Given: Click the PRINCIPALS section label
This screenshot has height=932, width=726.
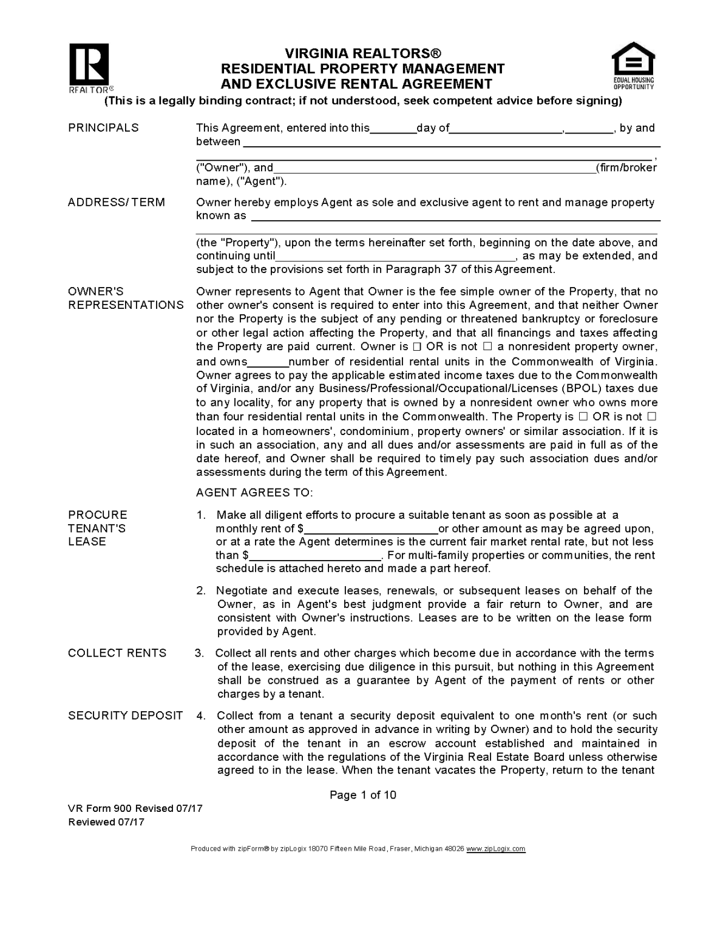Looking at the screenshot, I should pyautogui.click(x=103, y=128).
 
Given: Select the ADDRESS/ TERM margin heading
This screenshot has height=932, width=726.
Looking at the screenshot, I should pyautogui.click(x=116, y=202).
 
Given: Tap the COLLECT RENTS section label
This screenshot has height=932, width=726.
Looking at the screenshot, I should pyautogui.click(x=117, y=653).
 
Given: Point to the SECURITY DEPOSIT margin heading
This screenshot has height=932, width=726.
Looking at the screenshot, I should pyautogui.click(x=125, y=716).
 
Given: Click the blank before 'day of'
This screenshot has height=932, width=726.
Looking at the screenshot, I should pyautogui.click(x=393, y=129).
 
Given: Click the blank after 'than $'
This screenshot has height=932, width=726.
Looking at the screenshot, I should pyautogui.click(x=314, y=556).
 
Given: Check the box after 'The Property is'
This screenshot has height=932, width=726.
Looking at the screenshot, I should pyautogui.click(x=583, y=417).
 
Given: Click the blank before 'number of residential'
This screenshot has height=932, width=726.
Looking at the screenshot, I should pyautogui.click(x=268, y=362).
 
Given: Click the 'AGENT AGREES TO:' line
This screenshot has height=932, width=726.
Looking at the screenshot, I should pyautogui.click(x=254, y=492).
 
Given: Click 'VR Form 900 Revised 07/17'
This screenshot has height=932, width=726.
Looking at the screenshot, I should pyautogui.click(x=135, y=809).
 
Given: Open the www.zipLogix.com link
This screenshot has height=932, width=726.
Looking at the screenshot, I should pyautogui.click(x=495, y=849).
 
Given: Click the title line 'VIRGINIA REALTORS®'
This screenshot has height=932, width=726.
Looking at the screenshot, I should pyautogui.click(x=362, y=53).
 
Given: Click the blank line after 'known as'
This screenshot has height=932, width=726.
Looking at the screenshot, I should pyautogui.click(x=455, y=217).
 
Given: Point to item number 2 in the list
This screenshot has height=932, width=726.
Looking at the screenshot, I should pyautogui.click(x=201, y=591).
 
